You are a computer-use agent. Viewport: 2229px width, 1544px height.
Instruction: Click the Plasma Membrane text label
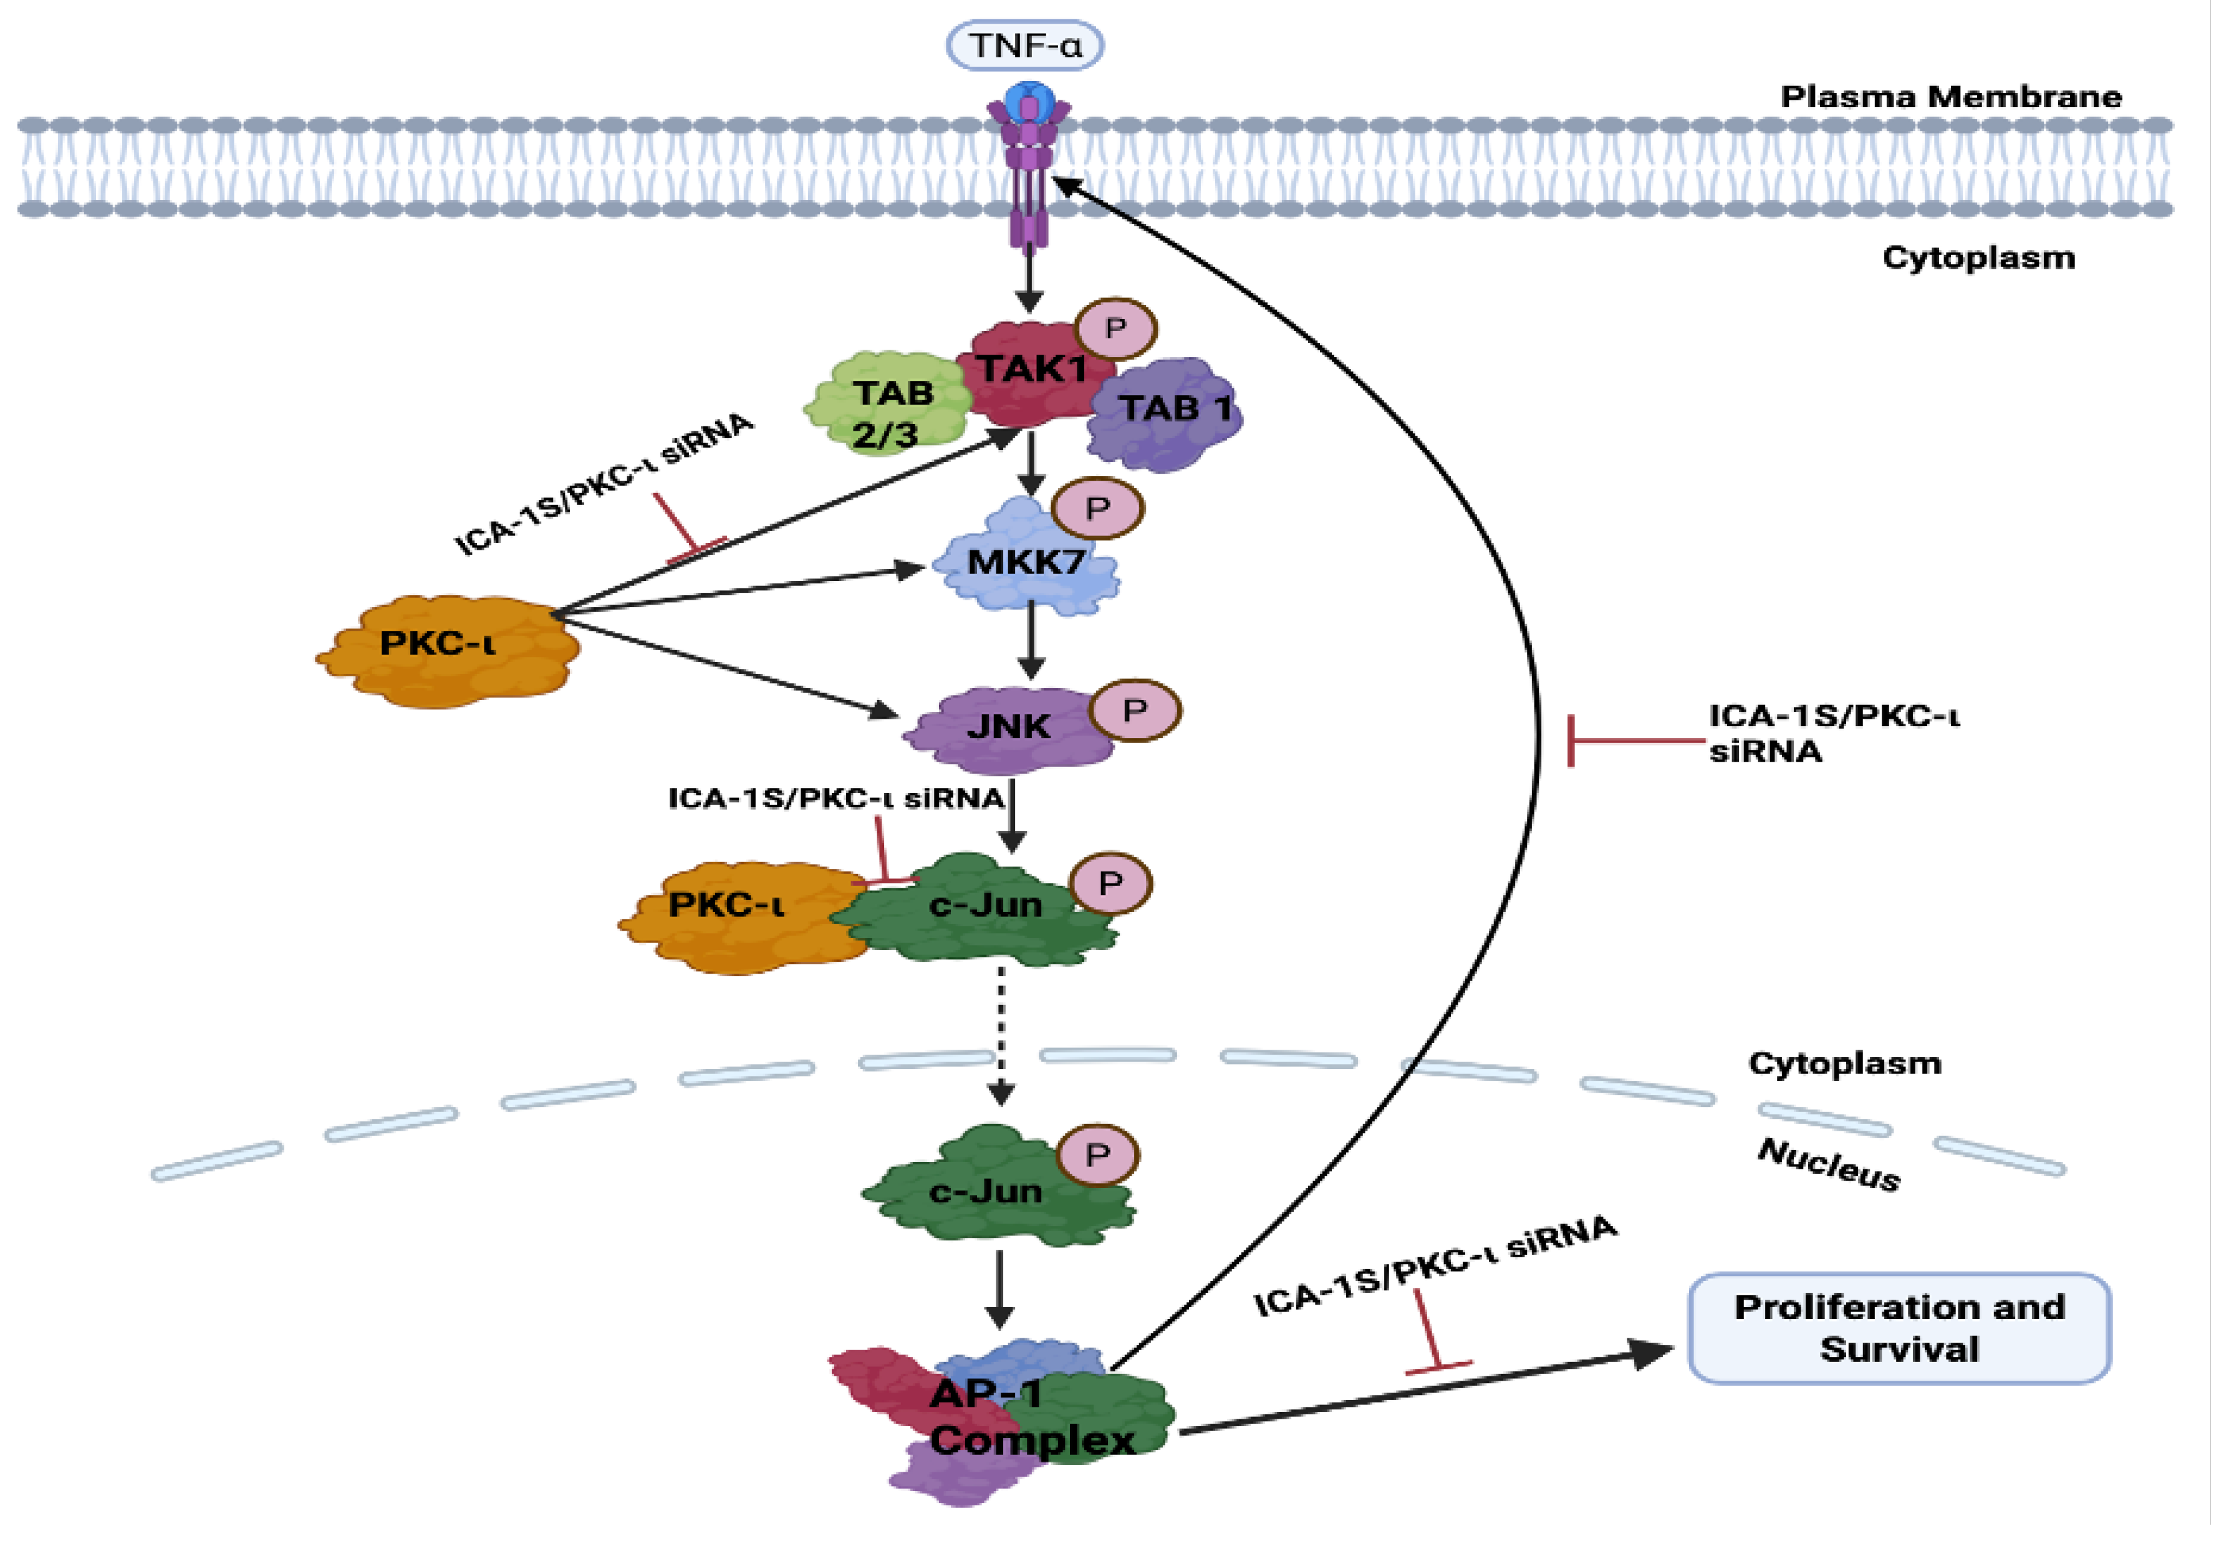point(1950,97)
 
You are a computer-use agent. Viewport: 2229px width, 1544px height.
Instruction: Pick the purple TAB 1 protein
point(1168,414)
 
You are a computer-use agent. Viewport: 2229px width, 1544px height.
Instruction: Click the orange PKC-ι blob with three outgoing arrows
point(445,648)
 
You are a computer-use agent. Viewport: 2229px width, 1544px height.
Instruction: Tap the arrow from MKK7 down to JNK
point(1031,638)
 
